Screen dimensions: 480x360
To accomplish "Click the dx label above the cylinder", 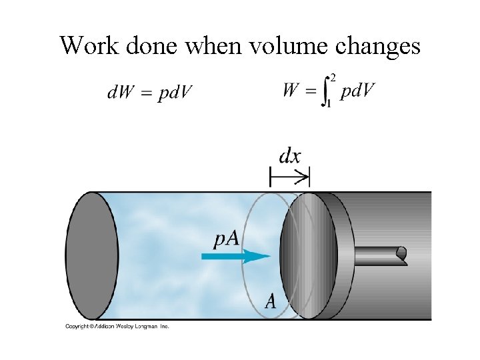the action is [289, 156].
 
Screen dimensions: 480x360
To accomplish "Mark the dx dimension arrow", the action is [290, 177].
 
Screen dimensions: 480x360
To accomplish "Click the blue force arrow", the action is [237, 255].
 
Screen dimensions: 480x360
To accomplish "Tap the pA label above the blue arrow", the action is [227, 237].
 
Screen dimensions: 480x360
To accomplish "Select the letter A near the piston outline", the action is [271, 301].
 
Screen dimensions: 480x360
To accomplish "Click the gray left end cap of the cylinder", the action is [91, 255].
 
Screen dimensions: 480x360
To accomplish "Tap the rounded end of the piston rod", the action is [401, 254].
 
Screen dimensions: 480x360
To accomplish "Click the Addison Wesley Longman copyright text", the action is [117, 326].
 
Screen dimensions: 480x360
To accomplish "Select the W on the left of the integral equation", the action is [291, 90].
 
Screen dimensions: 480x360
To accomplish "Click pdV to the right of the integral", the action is [357, 91].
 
